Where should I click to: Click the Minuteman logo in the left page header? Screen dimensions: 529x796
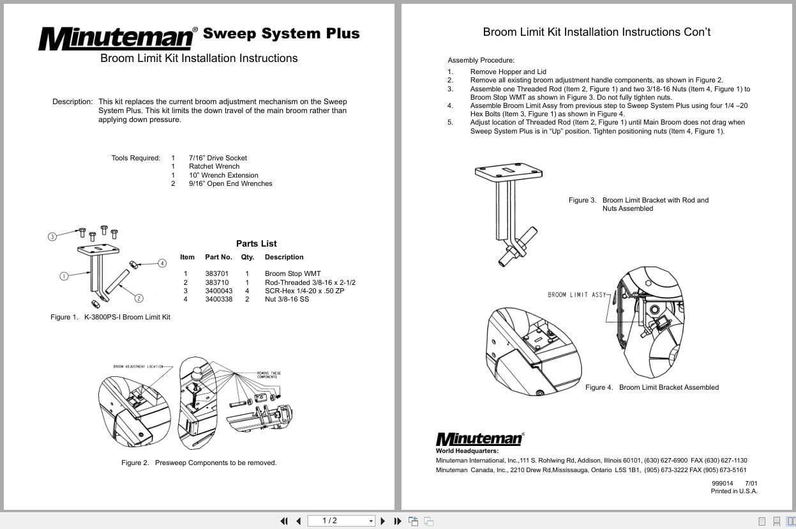[x=117, y=38]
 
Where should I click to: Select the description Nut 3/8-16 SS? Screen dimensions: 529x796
[x=287, y=299]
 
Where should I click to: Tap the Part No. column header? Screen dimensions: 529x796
[x=218, y=257]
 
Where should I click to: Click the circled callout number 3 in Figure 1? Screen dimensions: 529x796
[x=52, y=236]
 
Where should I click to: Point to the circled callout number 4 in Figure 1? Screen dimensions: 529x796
[x=162, y=263]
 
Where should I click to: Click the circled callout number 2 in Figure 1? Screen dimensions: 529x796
[x=139, y=298]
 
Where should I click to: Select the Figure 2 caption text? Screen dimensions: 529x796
[x=199, y=463]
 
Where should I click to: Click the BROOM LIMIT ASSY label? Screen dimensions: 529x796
[x=576, y=295]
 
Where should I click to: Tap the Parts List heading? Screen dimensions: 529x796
[x=256, y=243]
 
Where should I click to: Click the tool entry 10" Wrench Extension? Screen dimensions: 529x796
[x=223, y=175]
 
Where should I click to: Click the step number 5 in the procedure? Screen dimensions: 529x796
[x=450, y=122]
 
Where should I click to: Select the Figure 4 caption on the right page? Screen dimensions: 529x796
[x=652, y=387]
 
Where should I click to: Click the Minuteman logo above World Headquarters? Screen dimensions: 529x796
[x=479, y=439]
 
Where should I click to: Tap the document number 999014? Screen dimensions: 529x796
[x=722, y=483]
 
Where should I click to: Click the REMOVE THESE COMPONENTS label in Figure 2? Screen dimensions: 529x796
[x=269, y=375]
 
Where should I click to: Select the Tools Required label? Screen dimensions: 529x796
[x=135, y=158]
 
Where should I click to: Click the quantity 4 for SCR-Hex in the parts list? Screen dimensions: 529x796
[x=246, y=291]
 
